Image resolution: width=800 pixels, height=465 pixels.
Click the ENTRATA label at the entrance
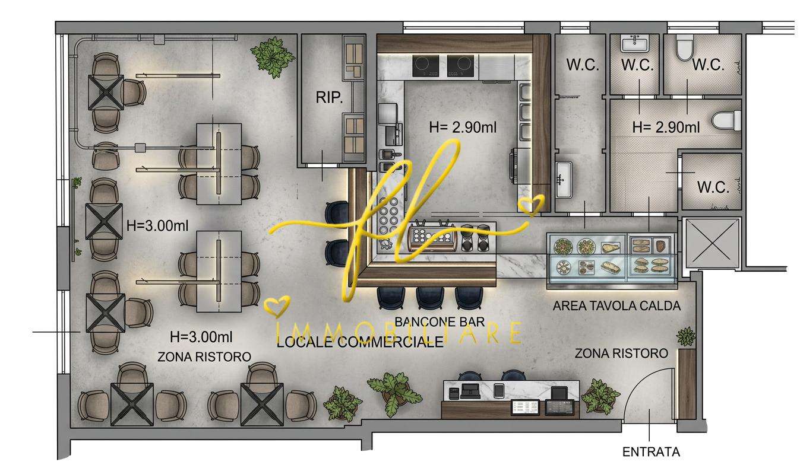point(651,452)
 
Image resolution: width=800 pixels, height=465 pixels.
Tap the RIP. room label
point(329,97)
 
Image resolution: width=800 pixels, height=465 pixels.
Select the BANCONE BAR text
point(439,322)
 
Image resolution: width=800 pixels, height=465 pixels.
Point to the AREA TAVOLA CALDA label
point(616,305)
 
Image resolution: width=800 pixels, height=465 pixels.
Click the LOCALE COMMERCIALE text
point(360,342)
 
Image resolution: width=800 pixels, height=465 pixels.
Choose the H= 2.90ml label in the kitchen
point(463,128)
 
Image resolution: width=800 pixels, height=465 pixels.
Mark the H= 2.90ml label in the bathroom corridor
point(666,128)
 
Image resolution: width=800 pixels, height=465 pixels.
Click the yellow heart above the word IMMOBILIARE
point(277,307)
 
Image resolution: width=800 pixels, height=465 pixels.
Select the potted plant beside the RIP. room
point(273,57)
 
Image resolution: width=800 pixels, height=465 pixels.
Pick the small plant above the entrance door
point(686,336)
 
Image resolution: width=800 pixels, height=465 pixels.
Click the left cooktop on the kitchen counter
point(425,66)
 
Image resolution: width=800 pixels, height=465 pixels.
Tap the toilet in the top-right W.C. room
point(684,47)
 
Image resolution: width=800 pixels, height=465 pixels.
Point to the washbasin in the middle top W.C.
point(635,44)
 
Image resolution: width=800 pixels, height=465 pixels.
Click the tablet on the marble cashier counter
point(499,391)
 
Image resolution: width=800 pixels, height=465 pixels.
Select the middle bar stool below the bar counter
point(429,298)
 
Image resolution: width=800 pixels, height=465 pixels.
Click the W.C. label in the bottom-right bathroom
point(713,187)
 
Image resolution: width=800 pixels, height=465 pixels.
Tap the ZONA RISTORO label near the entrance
point(621,353)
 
